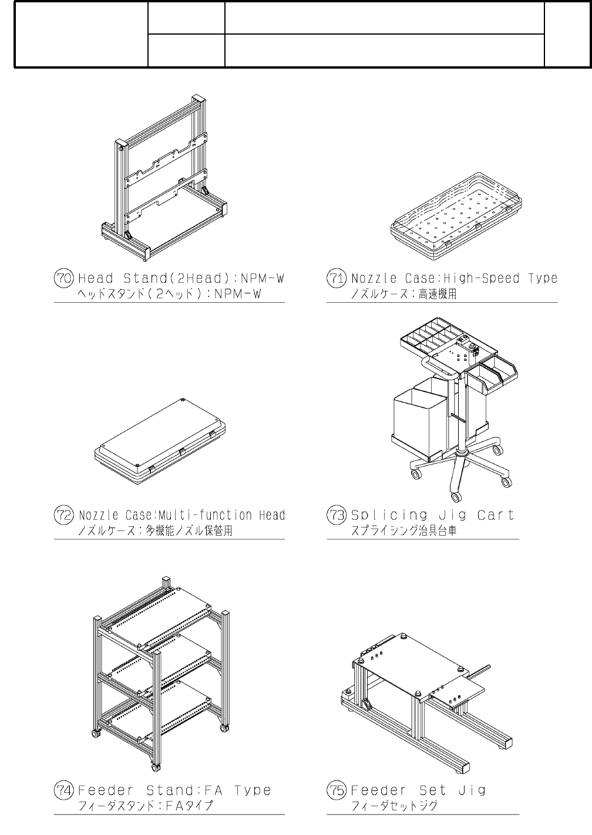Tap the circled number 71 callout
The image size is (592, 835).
336,278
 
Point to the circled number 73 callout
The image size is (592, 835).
336,515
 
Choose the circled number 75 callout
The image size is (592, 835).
336,790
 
